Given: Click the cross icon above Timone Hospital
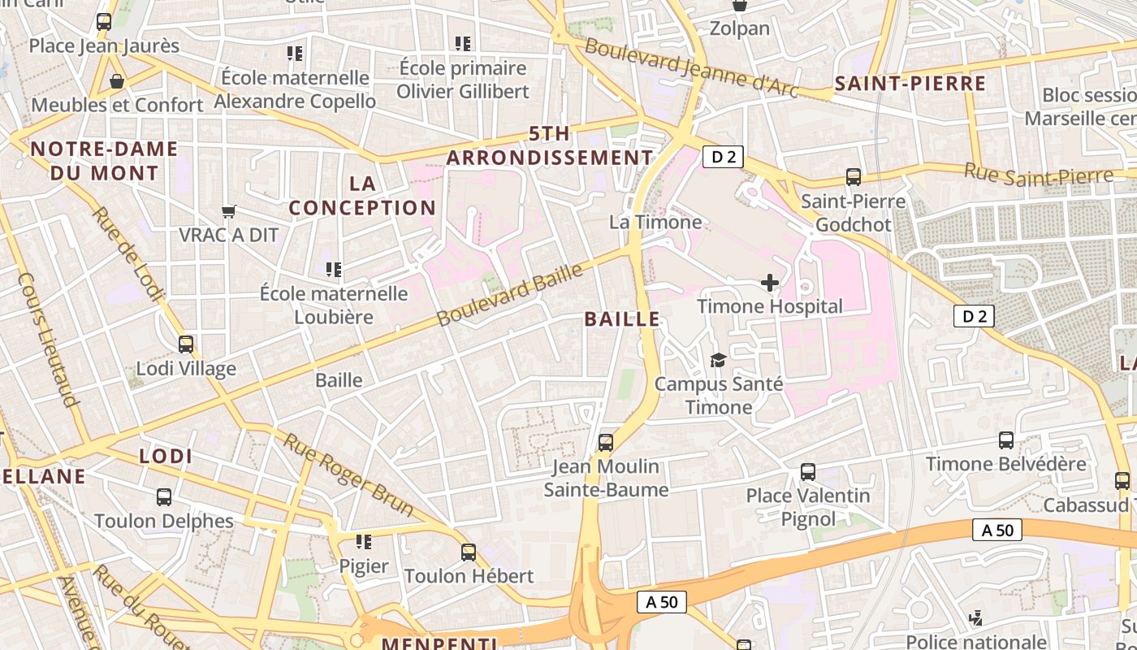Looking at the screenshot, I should (769, 283).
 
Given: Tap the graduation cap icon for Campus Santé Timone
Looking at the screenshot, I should (718, 360).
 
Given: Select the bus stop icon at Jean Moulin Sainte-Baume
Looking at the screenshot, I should (606, 443).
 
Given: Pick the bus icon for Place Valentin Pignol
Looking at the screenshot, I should (807, 472).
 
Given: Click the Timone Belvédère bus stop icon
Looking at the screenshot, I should (1006, 440).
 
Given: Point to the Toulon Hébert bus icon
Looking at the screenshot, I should (469, 552).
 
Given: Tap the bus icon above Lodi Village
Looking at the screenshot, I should (186, 344).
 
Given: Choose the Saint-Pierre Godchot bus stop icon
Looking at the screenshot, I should (853, 176).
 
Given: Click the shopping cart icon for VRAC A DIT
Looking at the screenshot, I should (229, 211).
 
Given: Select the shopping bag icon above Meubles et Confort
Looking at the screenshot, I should (117, 81).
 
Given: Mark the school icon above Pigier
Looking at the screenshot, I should (364, 541).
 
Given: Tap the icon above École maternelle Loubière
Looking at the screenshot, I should (333, 269).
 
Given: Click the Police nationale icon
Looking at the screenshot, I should (976, 618).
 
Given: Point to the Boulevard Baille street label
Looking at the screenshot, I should (510, 294).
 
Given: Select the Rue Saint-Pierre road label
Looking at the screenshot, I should (1038, 174).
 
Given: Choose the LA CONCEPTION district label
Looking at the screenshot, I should (362, 196).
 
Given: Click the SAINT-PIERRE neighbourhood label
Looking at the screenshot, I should (910, 84).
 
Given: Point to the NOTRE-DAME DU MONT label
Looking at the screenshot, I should (104, 161).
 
